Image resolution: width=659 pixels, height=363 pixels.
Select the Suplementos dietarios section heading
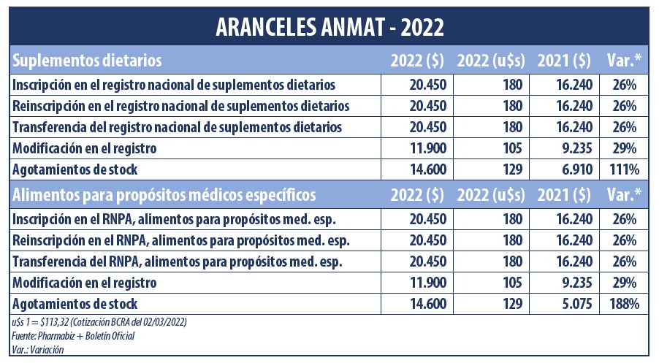click(x=87, y=59)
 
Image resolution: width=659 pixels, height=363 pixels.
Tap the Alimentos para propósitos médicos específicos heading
click(x=165, y=196)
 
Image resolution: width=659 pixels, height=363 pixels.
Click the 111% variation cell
click(x=624, y=169)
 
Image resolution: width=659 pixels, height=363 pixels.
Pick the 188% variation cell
click(x=624, y=302)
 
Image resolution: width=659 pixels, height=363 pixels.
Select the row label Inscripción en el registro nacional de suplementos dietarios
click(x=174, y=85)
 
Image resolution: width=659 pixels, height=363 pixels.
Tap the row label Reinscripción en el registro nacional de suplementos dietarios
click(x=180, y=106)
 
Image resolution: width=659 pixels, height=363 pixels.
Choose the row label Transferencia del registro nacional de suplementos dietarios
click(x=178, y=127)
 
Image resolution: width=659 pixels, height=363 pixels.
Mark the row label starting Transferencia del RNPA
click(x=178, y=261)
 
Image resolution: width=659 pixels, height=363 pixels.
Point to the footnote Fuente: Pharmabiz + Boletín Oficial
click(x=73, y=335)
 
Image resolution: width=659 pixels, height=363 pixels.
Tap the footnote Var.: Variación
click(x=38, y=348)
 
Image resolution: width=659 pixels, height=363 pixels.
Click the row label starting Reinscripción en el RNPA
click(x=180, y=240)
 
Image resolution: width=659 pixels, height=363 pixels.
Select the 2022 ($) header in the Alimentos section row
click(x=416, y=196)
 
